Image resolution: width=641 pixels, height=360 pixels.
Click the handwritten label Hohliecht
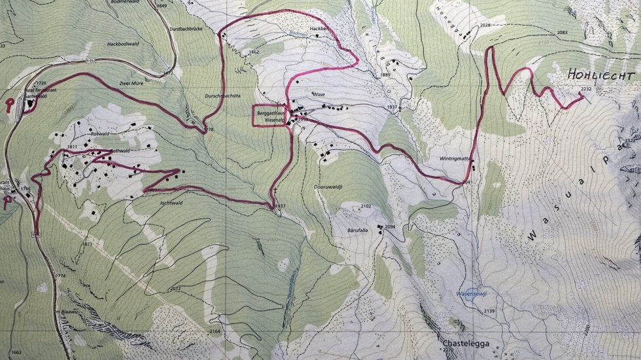click(591, 74)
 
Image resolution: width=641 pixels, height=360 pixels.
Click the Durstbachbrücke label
click(201, 29)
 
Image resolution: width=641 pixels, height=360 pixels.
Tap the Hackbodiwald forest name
click(124, 45)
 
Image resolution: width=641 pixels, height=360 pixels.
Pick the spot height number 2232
click(586, 89)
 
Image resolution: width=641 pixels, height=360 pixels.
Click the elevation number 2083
click(563, 32)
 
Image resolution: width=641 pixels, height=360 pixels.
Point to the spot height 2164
click(215, 331)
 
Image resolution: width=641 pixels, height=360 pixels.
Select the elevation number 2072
click(175, 288)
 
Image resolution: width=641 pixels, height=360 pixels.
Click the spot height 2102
click(366, 206)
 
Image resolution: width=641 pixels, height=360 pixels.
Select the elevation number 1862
click(254, 52)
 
